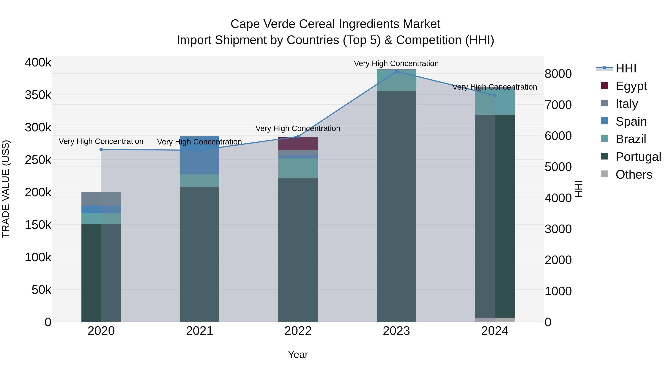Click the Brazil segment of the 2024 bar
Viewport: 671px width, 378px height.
(495, 101)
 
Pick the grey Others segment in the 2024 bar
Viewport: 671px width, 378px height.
(495, 320)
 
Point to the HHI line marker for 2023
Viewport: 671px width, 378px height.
(396, 71)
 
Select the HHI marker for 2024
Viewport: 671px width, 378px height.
(495, 95)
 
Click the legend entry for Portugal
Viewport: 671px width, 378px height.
(638, 157)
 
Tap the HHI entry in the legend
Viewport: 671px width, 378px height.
(625, 68)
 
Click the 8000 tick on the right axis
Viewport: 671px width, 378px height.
(558, 74)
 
